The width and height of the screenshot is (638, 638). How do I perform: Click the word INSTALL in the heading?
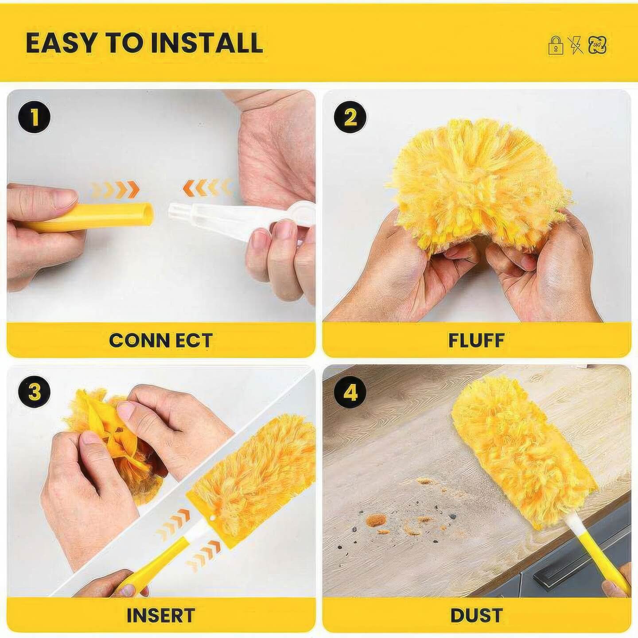pos(207,43)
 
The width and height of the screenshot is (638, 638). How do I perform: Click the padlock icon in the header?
pos(556,45)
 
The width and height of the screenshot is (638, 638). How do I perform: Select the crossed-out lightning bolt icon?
pos(576,45)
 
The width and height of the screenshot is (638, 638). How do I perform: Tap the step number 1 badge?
pos(34,117)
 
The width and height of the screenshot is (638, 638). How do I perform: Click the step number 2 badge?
pos(350,117)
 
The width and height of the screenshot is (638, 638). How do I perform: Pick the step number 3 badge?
pos(34,393)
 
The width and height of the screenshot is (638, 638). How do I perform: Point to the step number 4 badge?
pos(350,393)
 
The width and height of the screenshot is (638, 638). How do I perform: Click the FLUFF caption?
pos(476,341)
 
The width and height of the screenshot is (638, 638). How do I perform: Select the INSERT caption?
pos(161,606)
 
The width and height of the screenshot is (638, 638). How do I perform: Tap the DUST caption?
pos(477,606)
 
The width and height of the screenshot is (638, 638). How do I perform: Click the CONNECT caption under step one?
pos(160,341)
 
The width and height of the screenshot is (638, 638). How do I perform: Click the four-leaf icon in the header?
pos(598,45)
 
